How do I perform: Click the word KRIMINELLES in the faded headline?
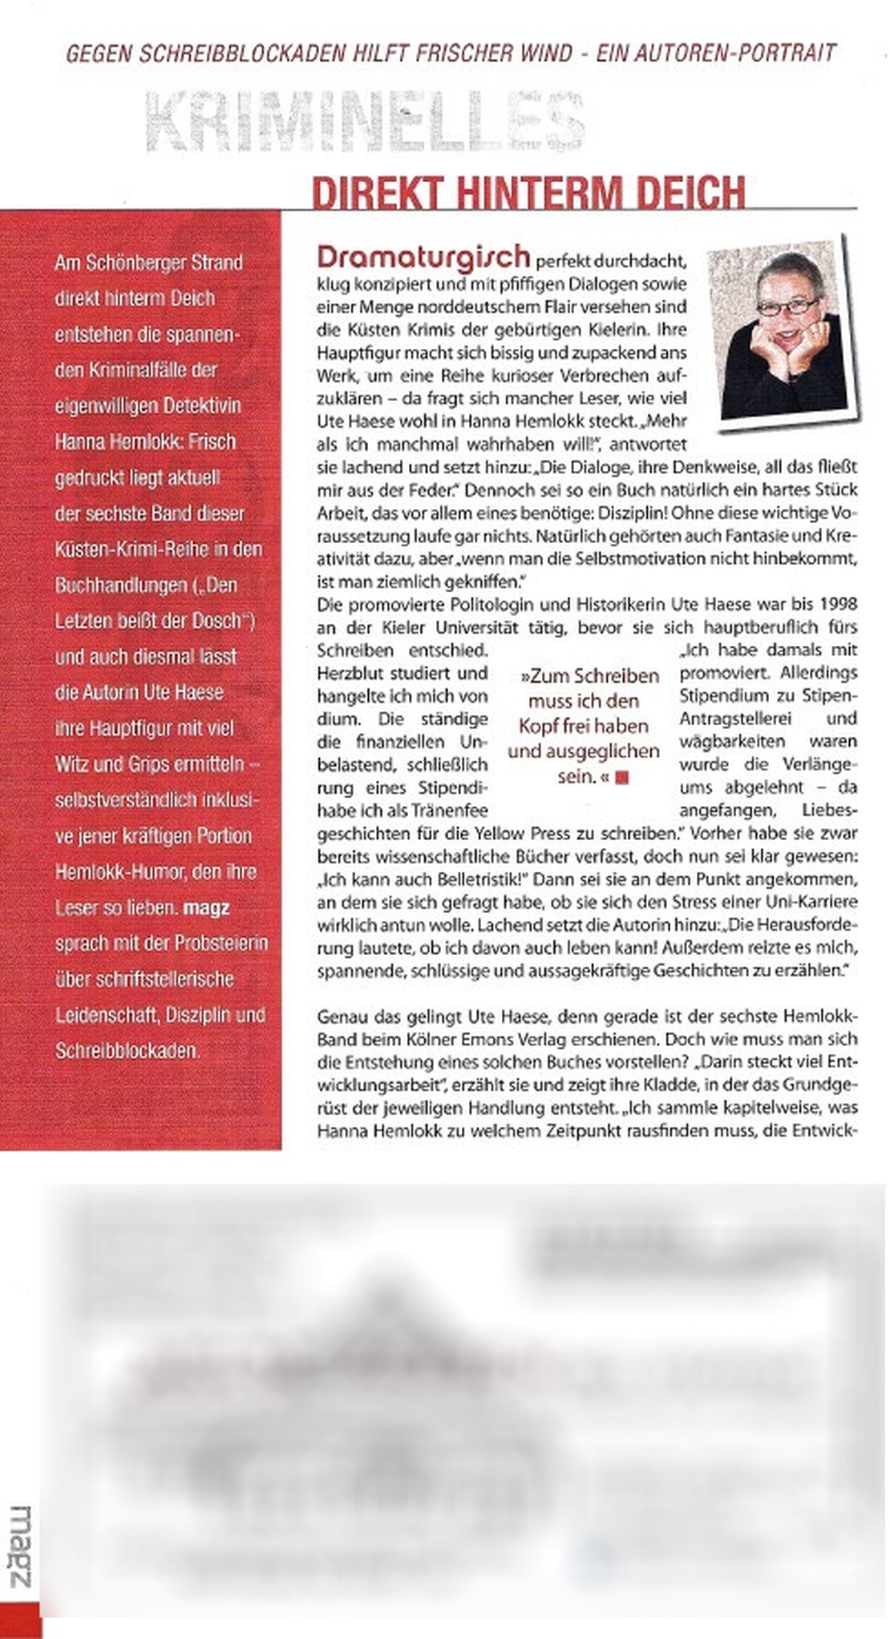[365, 123]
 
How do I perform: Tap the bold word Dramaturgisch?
[423, 257]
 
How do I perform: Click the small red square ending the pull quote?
[622, 777]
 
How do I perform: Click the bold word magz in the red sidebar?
[206, 908]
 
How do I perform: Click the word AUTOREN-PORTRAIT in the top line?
[734, 54]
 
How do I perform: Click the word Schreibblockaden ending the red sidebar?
[127, 1050]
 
